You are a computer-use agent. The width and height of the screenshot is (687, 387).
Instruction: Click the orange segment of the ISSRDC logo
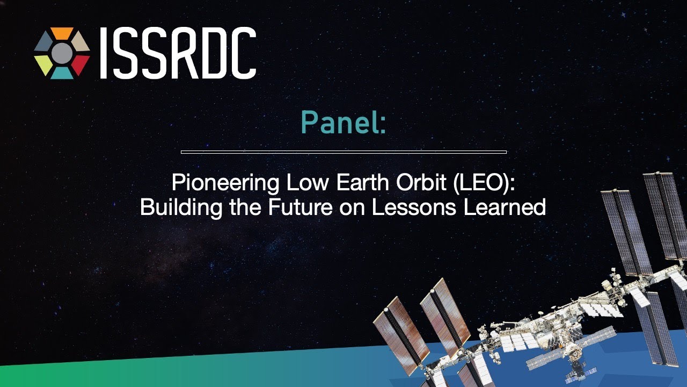tap(62, 33)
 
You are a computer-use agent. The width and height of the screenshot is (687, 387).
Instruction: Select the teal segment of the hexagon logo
tap(62, 74)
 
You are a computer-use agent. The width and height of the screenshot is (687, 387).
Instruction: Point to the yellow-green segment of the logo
tap(43, 64)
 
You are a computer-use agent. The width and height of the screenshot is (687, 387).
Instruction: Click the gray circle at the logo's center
tap(62, 53)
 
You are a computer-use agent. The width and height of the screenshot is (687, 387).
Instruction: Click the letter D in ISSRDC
tap(214, 53)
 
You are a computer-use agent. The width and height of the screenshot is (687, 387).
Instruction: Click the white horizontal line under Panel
tap(343, 152)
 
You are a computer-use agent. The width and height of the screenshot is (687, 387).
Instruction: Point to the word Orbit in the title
tap(421, 182)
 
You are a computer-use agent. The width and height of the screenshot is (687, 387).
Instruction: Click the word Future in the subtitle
tap(300, 207)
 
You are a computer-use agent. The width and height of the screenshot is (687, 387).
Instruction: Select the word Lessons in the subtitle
tap(414, 207)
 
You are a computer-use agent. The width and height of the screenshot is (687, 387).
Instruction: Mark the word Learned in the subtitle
tap(505, 207)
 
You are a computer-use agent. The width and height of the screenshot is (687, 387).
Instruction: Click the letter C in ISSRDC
tap(244, 53)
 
